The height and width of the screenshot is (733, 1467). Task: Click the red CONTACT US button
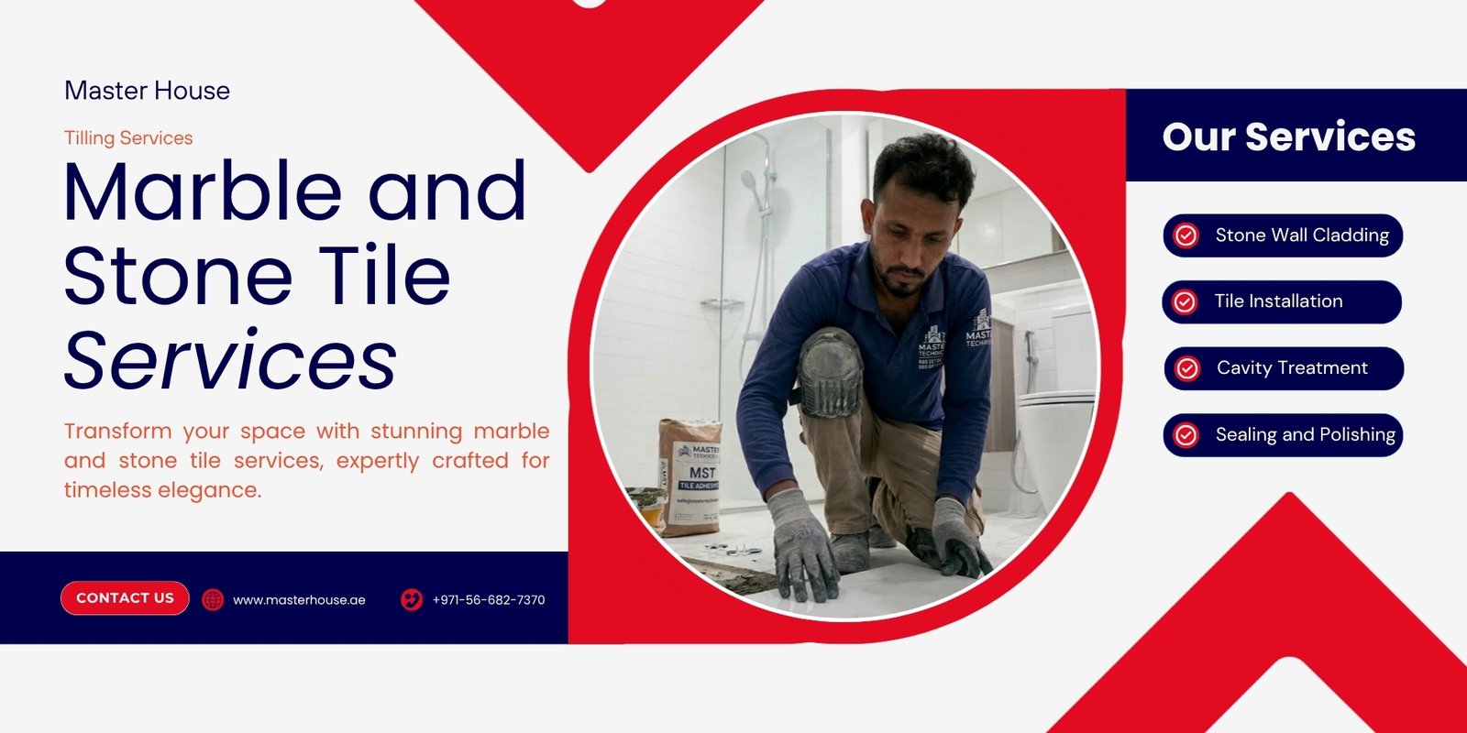click(125, 598)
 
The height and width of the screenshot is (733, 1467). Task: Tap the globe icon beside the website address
click(213, 599)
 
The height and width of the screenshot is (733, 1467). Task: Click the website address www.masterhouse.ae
click(299, 600)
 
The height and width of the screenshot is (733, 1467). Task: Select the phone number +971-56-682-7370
click(489, 600)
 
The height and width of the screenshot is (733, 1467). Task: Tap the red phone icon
click(412, 599)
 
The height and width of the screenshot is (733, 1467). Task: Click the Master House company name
click(148, 91)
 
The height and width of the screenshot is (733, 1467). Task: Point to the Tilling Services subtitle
click(128, 138)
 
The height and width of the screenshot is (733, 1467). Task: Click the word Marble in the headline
click(203, 191)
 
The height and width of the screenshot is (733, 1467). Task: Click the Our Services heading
click(1289, 137)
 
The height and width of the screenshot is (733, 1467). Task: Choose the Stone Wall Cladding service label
click(1302, 235)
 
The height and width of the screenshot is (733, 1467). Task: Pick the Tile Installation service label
click(1278, 301)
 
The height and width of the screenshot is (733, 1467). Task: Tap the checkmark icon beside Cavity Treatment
click(1186, 368)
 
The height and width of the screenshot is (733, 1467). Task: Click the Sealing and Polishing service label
click(1306, 434)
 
